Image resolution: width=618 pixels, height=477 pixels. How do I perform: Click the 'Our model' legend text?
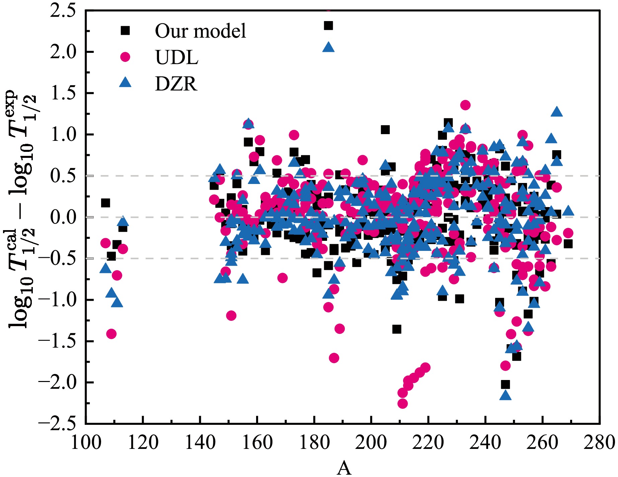(200, 31)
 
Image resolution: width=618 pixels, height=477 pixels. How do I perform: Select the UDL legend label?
(176, 58)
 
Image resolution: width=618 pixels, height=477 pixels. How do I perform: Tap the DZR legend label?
(176, 84)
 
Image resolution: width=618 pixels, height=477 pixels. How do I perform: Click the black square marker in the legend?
(125, 30)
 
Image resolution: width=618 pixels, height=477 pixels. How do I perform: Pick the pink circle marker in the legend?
(125, 57)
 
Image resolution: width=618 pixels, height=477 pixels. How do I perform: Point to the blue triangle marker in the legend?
(125, 82)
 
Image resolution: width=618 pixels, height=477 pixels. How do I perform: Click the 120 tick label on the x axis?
(143, 443)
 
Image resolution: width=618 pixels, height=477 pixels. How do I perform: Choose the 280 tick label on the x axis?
(599, 443)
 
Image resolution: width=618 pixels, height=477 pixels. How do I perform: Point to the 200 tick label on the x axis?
(371, 443)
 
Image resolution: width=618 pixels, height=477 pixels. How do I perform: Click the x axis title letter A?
(344, 468)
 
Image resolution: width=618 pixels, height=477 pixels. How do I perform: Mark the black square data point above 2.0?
(328, 25)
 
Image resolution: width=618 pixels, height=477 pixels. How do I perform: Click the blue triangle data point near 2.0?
(328, 47)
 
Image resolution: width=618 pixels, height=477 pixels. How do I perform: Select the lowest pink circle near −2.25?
(402, 403)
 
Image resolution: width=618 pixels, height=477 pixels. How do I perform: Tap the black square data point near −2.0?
(505, 384)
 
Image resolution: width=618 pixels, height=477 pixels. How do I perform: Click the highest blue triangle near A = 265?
(557, 112)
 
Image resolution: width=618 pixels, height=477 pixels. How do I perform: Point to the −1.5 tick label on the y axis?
(57, 341)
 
